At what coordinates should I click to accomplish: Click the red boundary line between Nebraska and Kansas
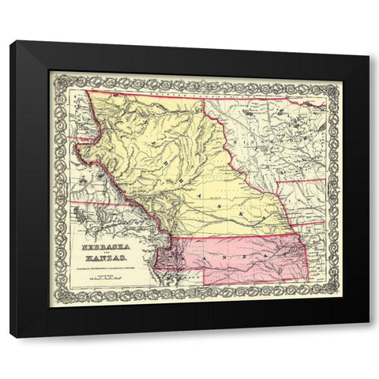[x=237, y=238]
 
